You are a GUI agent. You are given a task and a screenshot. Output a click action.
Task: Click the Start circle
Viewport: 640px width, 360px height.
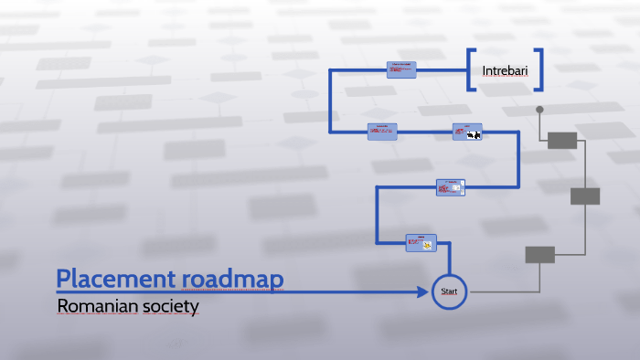coord(449,291)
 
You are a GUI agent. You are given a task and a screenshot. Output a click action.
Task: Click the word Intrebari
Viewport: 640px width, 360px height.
coord(506,69)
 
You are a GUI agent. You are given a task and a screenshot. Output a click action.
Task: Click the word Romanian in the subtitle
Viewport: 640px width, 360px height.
coord(97,307)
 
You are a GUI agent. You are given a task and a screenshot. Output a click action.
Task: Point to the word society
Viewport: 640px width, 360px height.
coord(170,307)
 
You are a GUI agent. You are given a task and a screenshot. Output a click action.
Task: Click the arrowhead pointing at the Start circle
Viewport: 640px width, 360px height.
coord(424,292)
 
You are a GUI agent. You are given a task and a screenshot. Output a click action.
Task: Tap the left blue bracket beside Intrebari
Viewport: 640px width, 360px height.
coord(470,70)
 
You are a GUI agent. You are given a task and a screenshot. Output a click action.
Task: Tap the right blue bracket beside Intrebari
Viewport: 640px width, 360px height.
coord(540,70)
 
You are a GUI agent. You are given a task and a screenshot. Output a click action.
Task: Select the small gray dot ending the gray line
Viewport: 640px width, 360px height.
coord(539,110)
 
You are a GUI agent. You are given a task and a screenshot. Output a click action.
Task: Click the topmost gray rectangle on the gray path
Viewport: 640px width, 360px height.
coord(562,140)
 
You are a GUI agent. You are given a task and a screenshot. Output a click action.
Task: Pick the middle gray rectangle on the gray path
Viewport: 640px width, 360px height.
coord(585,196)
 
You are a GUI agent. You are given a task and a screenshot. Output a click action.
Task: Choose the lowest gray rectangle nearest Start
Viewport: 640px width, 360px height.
coord(539,255)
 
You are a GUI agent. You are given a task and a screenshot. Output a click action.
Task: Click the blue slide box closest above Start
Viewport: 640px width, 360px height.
coord(421,242)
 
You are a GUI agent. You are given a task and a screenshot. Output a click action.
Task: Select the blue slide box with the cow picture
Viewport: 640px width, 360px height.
coord(467,132)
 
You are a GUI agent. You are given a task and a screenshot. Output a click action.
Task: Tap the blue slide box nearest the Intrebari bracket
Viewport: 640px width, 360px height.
coord(400,69)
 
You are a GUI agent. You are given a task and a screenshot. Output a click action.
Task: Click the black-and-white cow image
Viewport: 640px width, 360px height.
coord(474,135)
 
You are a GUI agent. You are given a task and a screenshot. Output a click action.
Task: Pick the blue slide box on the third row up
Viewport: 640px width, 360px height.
coord(450,187)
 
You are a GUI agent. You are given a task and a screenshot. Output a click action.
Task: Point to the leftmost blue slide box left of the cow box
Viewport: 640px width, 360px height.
coord(382,132)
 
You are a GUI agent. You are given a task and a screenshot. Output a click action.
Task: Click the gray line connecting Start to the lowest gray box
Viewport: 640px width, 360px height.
coord(498,291)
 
